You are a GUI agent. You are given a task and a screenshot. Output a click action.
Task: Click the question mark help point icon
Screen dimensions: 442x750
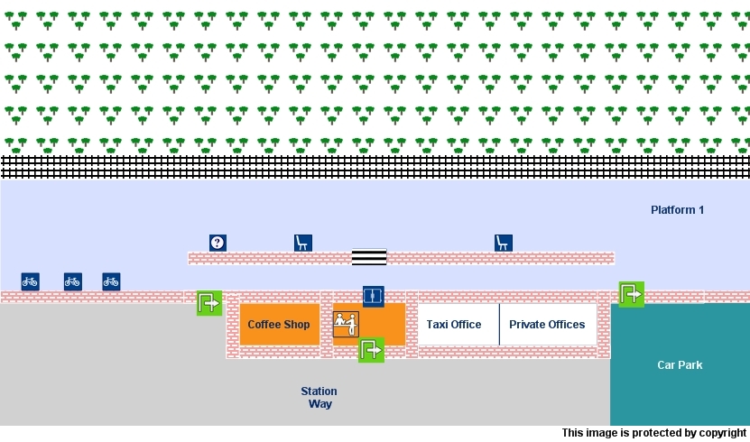point(218,243)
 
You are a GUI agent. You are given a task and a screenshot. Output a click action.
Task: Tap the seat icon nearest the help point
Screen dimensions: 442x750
point(303,243)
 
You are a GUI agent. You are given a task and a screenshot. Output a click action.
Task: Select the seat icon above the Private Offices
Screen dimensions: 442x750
point(504,243)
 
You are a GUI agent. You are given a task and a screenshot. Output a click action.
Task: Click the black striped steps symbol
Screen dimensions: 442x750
point(368,257)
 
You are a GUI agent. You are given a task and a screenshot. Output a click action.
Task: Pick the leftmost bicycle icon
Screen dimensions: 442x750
point(31,281)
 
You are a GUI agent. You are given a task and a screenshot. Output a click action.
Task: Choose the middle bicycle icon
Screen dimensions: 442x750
point(73,281)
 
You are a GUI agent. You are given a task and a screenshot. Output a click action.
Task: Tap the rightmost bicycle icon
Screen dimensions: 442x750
point(111,281)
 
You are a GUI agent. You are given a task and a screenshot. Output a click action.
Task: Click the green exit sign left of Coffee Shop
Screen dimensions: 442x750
point(208,303)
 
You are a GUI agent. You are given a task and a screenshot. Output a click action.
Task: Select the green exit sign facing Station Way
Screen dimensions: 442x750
point(371,350)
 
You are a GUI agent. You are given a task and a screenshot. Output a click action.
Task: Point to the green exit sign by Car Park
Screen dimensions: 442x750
point(631,294)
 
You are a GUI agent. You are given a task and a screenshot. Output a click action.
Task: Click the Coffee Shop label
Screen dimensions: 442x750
point(279,325)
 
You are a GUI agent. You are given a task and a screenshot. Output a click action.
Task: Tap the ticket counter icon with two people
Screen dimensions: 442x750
point(346,324)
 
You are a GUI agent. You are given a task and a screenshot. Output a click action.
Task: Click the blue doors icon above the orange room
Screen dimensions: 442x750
point(374,296)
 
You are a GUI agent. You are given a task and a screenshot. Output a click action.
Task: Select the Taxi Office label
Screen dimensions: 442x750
point(454,325)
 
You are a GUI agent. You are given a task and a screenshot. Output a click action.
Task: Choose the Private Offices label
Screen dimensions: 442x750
point(547,325)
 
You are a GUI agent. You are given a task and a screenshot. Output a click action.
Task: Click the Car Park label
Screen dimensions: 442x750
point(680,365)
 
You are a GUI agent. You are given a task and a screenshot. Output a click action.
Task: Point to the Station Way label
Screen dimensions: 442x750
point(319,398)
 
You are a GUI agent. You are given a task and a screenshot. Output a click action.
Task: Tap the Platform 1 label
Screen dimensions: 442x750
point(677,210)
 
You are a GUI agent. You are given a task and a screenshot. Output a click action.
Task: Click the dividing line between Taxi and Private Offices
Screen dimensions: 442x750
point(499,325)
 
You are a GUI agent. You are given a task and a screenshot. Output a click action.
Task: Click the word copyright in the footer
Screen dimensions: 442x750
point(721,434)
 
